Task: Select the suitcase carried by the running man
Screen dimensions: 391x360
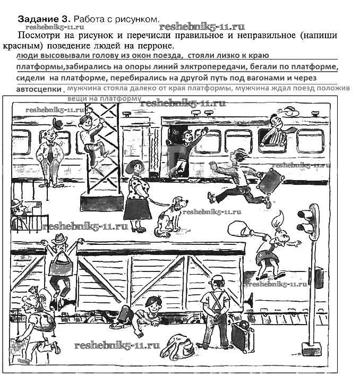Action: [270, 181]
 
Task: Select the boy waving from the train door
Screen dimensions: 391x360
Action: [183, 149]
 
